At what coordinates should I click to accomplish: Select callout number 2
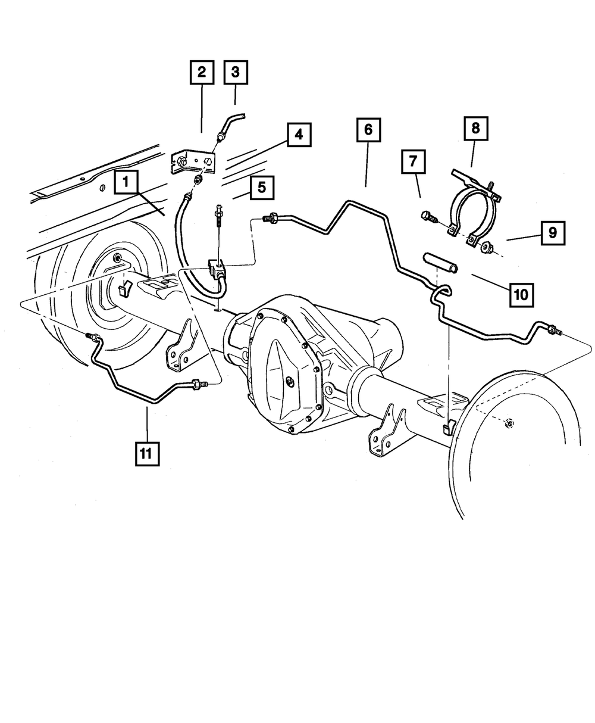point(202,73)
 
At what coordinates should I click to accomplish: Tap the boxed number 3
point(235,73)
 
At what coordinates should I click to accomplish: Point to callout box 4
point(299,135)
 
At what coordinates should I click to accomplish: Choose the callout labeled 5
point(262,188)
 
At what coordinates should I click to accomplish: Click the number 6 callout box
point(368,130)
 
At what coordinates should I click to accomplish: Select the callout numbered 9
point(553,233)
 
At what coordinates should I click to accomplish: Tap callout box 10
point(520,294)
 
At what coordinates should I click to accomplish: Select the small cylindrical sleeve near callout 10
point(440,263)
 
